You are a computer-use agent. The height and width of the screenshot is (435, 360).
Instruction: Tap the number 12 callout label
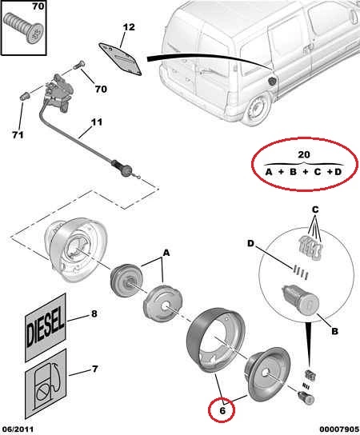[129, 27]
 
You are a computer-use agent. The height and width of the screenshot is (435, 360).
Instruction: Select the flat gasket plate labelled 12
[121, 59]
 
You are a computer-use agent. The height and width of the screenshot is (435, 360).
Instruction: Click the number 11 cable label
[97, 122]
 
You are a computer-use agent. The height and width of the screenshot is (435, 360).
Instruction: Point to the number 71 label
[18, 135]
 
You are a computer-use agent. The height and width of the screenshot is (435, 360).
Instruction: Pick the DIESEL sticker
[46, 327]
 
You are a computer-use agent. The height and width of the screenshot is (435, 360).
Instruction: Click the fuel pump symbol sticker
[46, 384]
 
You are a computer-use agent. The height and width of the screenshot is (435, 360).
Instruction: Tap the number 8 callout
[94, 313]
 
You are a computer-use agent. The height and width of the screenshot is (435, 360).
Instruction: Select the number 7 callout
[95, 369]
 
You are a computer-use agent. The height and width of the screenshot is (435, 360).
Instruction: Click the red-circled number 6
[222, 410]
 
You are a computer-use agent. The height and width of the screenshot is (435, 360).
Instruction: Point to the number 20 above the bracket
[304, 154]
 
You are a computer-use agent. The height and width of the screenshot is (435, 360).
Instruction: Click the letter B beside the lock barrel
[334, 331]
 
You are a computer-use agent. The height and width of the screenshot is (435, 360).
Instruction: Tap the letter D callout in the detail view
[250, 244]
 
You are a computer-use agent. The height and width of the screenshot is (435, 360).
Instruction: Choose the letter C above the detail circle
[315, 210]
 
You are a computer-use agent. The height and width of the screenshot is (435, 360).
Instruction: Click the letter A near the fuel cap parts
[166, 253]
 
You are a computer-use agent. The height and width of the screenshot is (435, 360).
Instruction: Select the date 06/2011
[18, 429]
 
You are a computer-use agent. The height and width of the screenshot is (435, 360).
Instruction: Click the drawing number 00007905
[339, 429]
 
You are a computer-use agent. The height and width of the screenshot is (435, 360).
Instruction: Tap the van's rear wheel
[257, 109]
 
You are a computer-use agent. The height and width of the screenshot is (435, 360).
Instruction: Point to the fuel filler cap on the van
[271, 82]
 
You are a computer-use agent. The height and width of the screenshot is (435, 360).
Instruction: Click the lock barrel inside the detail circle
[301, 300]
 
